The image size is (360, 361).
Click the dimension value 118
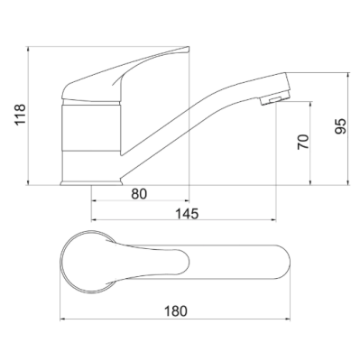[x=21, y=115]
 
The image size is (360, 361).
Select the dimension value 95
[x=341, y=126]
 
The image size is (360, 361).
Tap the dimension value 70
[x=303, y=142]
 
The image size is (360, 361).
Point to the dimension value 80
[x=139, y=194]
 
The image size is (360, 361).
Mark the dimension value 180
[x=175, y=311]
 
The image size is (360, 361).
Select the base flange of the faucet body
[x=91, y=182]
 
